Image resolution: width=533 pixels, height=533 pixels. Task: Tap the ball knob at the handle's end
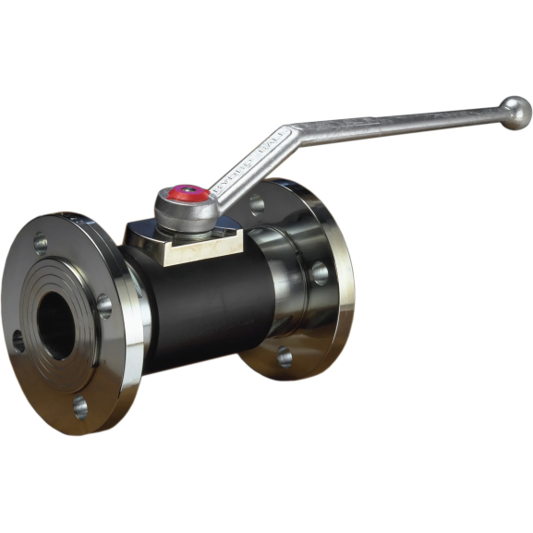(x=515, y=114)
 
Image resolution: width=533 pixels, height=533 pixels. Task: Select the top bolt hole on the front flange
(x=42, y=244)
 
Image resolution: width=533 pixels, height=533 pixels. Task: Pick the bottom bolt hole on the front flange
(x=81, y=406)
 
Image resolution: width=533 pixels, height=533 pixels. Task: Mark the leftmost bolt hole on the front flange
(x=18, y=343)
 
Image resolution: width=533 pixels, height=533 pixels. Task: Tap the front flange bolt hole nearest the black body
(x=104, y=305)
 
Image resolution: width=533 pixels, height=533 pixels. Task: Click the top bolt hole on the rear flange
(x=257, y=202)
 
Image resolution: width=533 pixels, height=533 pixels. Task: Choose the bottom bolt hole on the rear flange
(x=284, y=357)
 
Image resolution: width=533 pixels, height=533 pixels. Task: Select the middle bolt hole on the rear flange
(x=319, y=273)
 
